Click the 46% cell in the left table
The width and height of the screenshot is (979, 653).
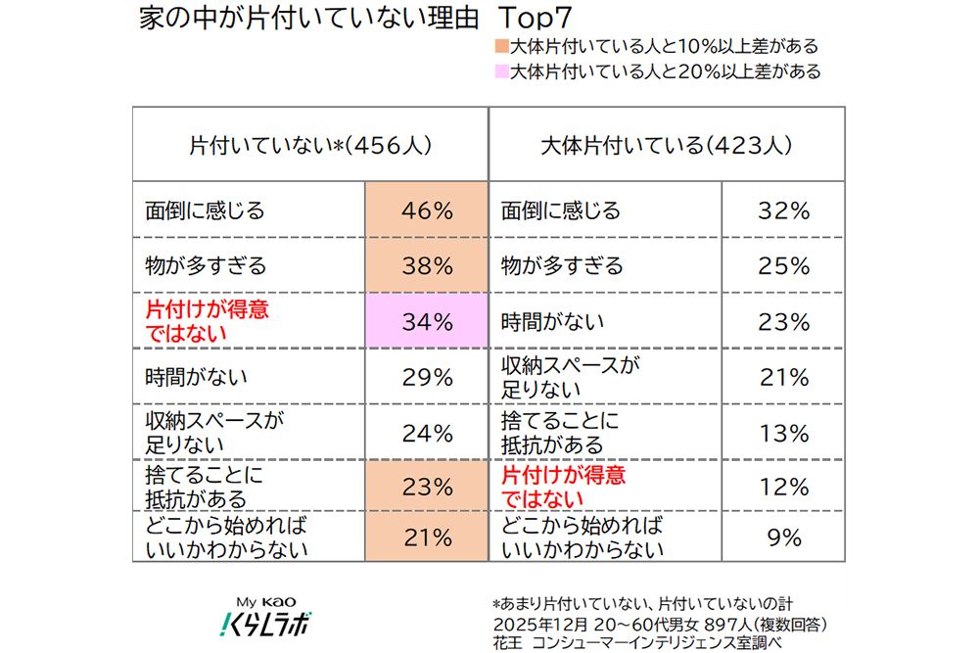click(x=426, y=210)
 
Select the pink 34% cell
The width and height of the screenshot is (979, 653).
click(x=426, y=321)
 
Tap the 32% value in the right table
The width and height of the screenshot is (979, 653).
click(x=784, y=210)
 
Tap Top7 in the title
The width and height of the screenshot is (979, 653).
click(x=537, y=18)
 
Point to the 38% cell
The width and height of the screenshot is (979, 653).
click(x=426, y=265)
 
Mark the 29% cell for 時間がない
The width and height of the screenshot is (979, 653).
click(x=426, y=377)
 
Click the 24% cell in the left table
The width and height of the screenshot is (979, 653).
click(x=426, y=433)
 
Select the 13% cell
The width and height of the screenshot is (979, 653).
click(x=784, y=433)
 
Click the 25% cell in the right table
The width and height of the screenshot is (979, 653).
click(x=784, y=265)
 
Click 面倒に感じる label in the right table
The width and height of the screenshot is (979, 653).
click(x=561, y=210)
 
